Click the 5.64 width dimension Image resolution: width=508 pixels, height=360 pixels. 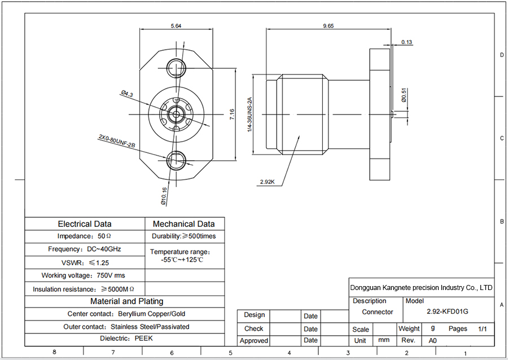176,25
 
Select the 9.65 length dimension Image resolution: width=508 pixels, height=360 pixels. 328,25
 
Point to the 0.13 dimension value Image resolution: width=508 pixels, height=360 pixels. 407,42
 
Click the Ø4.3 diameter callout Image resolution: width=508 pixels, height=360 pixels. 126,94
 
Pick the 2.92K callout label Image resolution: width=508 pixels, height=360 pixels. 267,182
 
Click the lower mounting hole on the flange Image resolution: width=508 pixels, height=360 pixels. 176,160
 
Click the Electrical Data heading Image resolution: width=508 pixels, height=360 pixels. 85,224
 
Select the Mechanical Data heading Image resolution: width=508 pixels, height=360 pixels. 184,224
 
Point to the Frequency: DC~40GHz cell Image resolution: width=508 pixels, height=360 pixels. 85,249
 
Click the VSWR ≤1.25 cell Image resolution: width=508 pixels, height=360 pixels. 85,262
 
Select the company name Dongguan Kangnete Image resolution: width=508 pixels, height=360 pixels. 421,287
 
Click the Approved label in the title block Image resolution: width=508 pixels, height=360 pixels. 253,341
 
